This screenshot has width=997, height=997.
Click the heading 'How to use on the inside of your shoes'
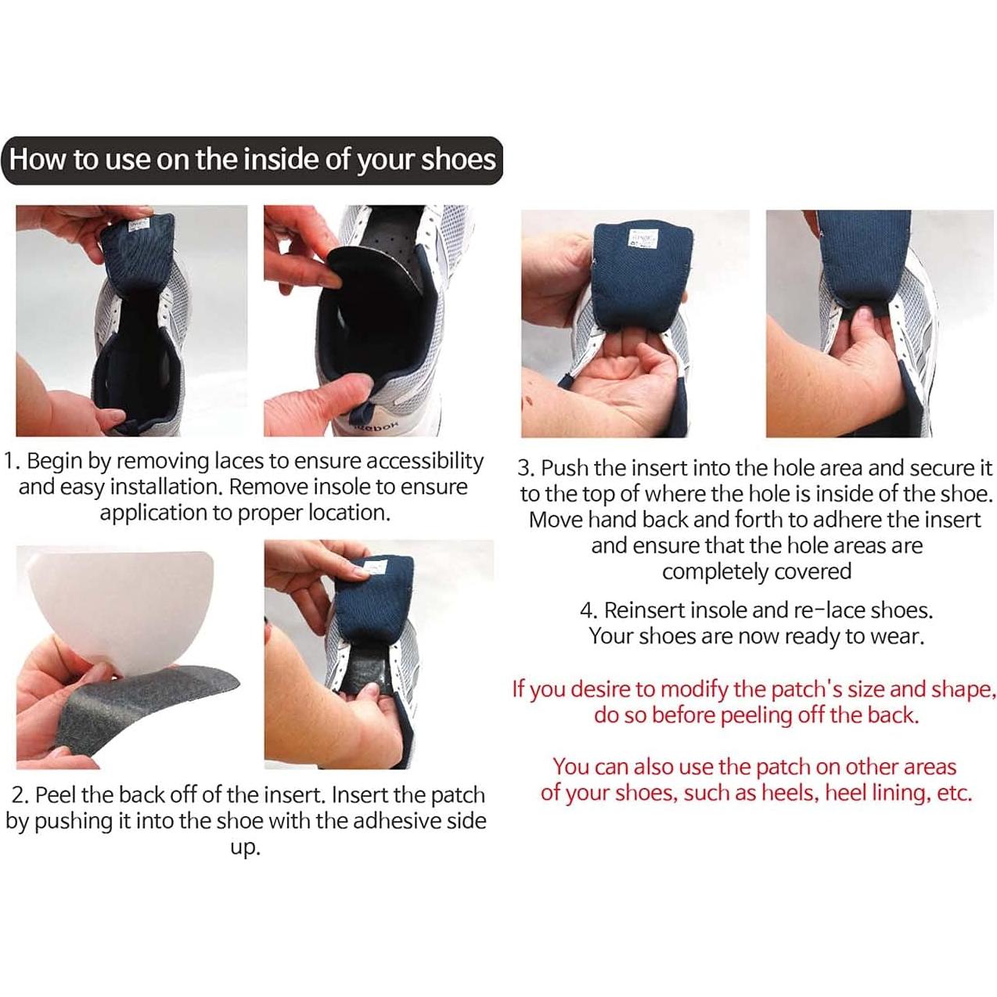[252, 160]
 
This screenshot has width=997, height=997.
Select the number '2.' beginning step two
[21, 795]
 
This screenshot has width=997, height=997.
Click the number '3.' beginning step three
[527, 469]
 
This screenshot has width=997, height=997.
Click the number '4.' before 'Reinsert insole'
[589, 610]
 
